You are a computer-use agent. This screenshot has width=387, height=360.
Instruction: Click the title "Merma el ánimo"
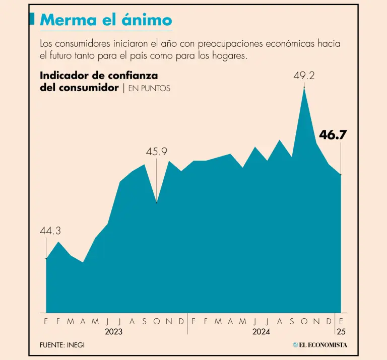point(106,21)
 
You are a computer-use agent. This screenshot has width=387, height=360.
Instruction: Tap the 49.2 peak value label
point(304,76)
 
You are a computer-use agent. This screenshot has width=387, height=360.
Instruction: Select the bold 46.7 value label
point(333,134)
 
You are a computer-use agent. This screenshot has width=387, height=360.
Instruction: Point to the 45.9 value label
point(156,152)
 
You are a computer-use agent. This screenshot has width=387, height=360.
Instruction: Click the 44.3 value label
point(50,231)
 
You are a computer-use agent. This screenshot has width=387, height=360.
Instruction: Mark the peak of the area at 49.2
point(304,89)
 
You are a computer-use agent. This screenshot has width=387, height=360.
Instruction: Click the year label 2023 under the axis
point(114,332)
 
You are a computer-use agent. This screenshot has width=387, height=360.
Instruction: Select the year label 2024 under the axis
point(262,332)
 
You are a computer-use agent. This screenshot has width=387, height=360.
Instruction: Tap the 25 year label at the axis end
point(341,332)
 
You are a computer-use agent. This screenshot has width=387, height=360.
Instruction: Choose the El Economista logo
point(320,345)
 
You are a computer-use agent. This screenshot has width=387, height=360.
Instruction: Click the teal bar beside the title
point(32,20)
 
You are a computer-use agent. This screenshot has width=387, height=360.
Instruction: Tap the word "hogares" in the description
point(229,55)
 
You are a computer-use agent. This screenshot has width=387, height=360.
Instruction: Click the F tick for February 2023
point(58,321)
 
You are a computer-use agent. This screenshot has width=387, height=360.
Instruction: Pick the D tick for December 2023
point(181,321)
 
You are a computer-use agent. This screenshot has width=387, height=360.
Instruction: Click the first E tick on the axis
point(46,321)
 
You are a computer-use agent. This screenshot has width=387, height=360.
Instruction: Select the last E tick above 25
point(341,321)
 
